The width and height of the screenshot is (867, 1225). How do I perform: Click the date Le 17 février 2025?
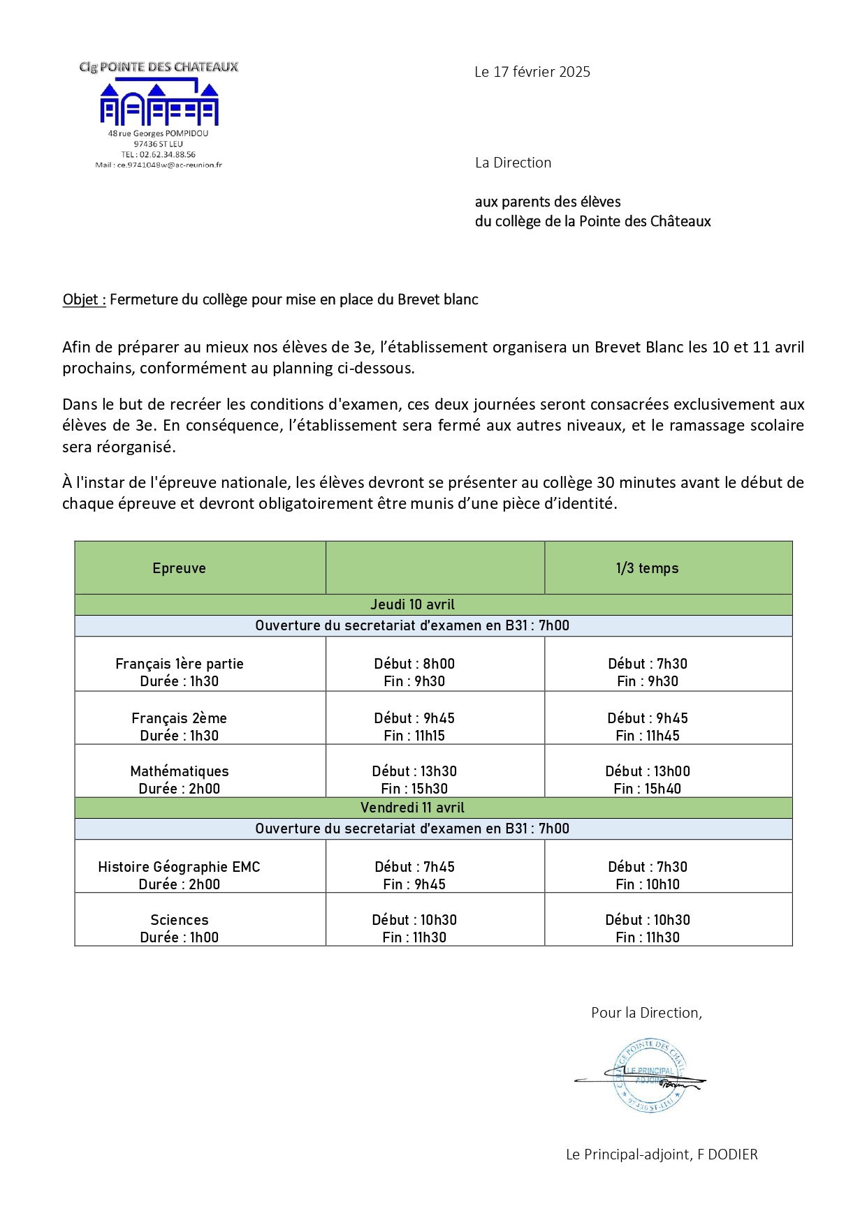click(x=532, y=72)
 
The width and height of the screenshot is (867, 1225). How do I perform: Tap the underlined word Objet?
click(x=83, y=299)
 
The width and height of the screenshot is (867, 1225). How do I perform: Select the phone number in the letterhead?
click(x=159, y=154)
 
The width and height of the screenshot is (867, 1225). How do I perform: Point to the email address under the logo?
click(x=159, y=165)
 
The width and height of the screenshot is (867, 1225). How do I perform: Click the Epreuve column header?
click(x=179, y=568)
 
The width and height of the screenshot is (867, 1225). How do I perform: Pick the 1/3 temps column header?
click(x=647, y=568)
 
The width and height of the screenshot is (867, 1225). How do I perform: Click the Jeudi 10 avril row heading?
click(x=412, y=604)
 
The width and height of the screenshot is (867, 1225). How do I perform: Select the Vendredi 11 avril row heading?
click(x=412, y=808)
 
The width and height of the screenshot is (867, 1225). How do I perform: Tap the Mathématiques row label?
click(x=180, y=771)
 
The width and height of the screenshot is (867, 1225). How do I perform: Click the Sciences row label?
click(x=180, y=920)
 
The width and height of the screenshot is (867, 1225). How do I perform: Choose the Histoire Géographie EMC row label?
click(x=179, y=867)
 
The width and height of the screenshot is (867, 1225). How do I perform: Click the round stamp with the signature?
click(x=648, y=1076)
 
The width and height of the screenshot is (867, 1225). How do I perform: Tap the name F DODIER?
click(x=727, y=1155)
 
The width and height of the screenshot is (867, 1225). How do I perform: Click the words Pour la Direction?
click(x=646, y=1013)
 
